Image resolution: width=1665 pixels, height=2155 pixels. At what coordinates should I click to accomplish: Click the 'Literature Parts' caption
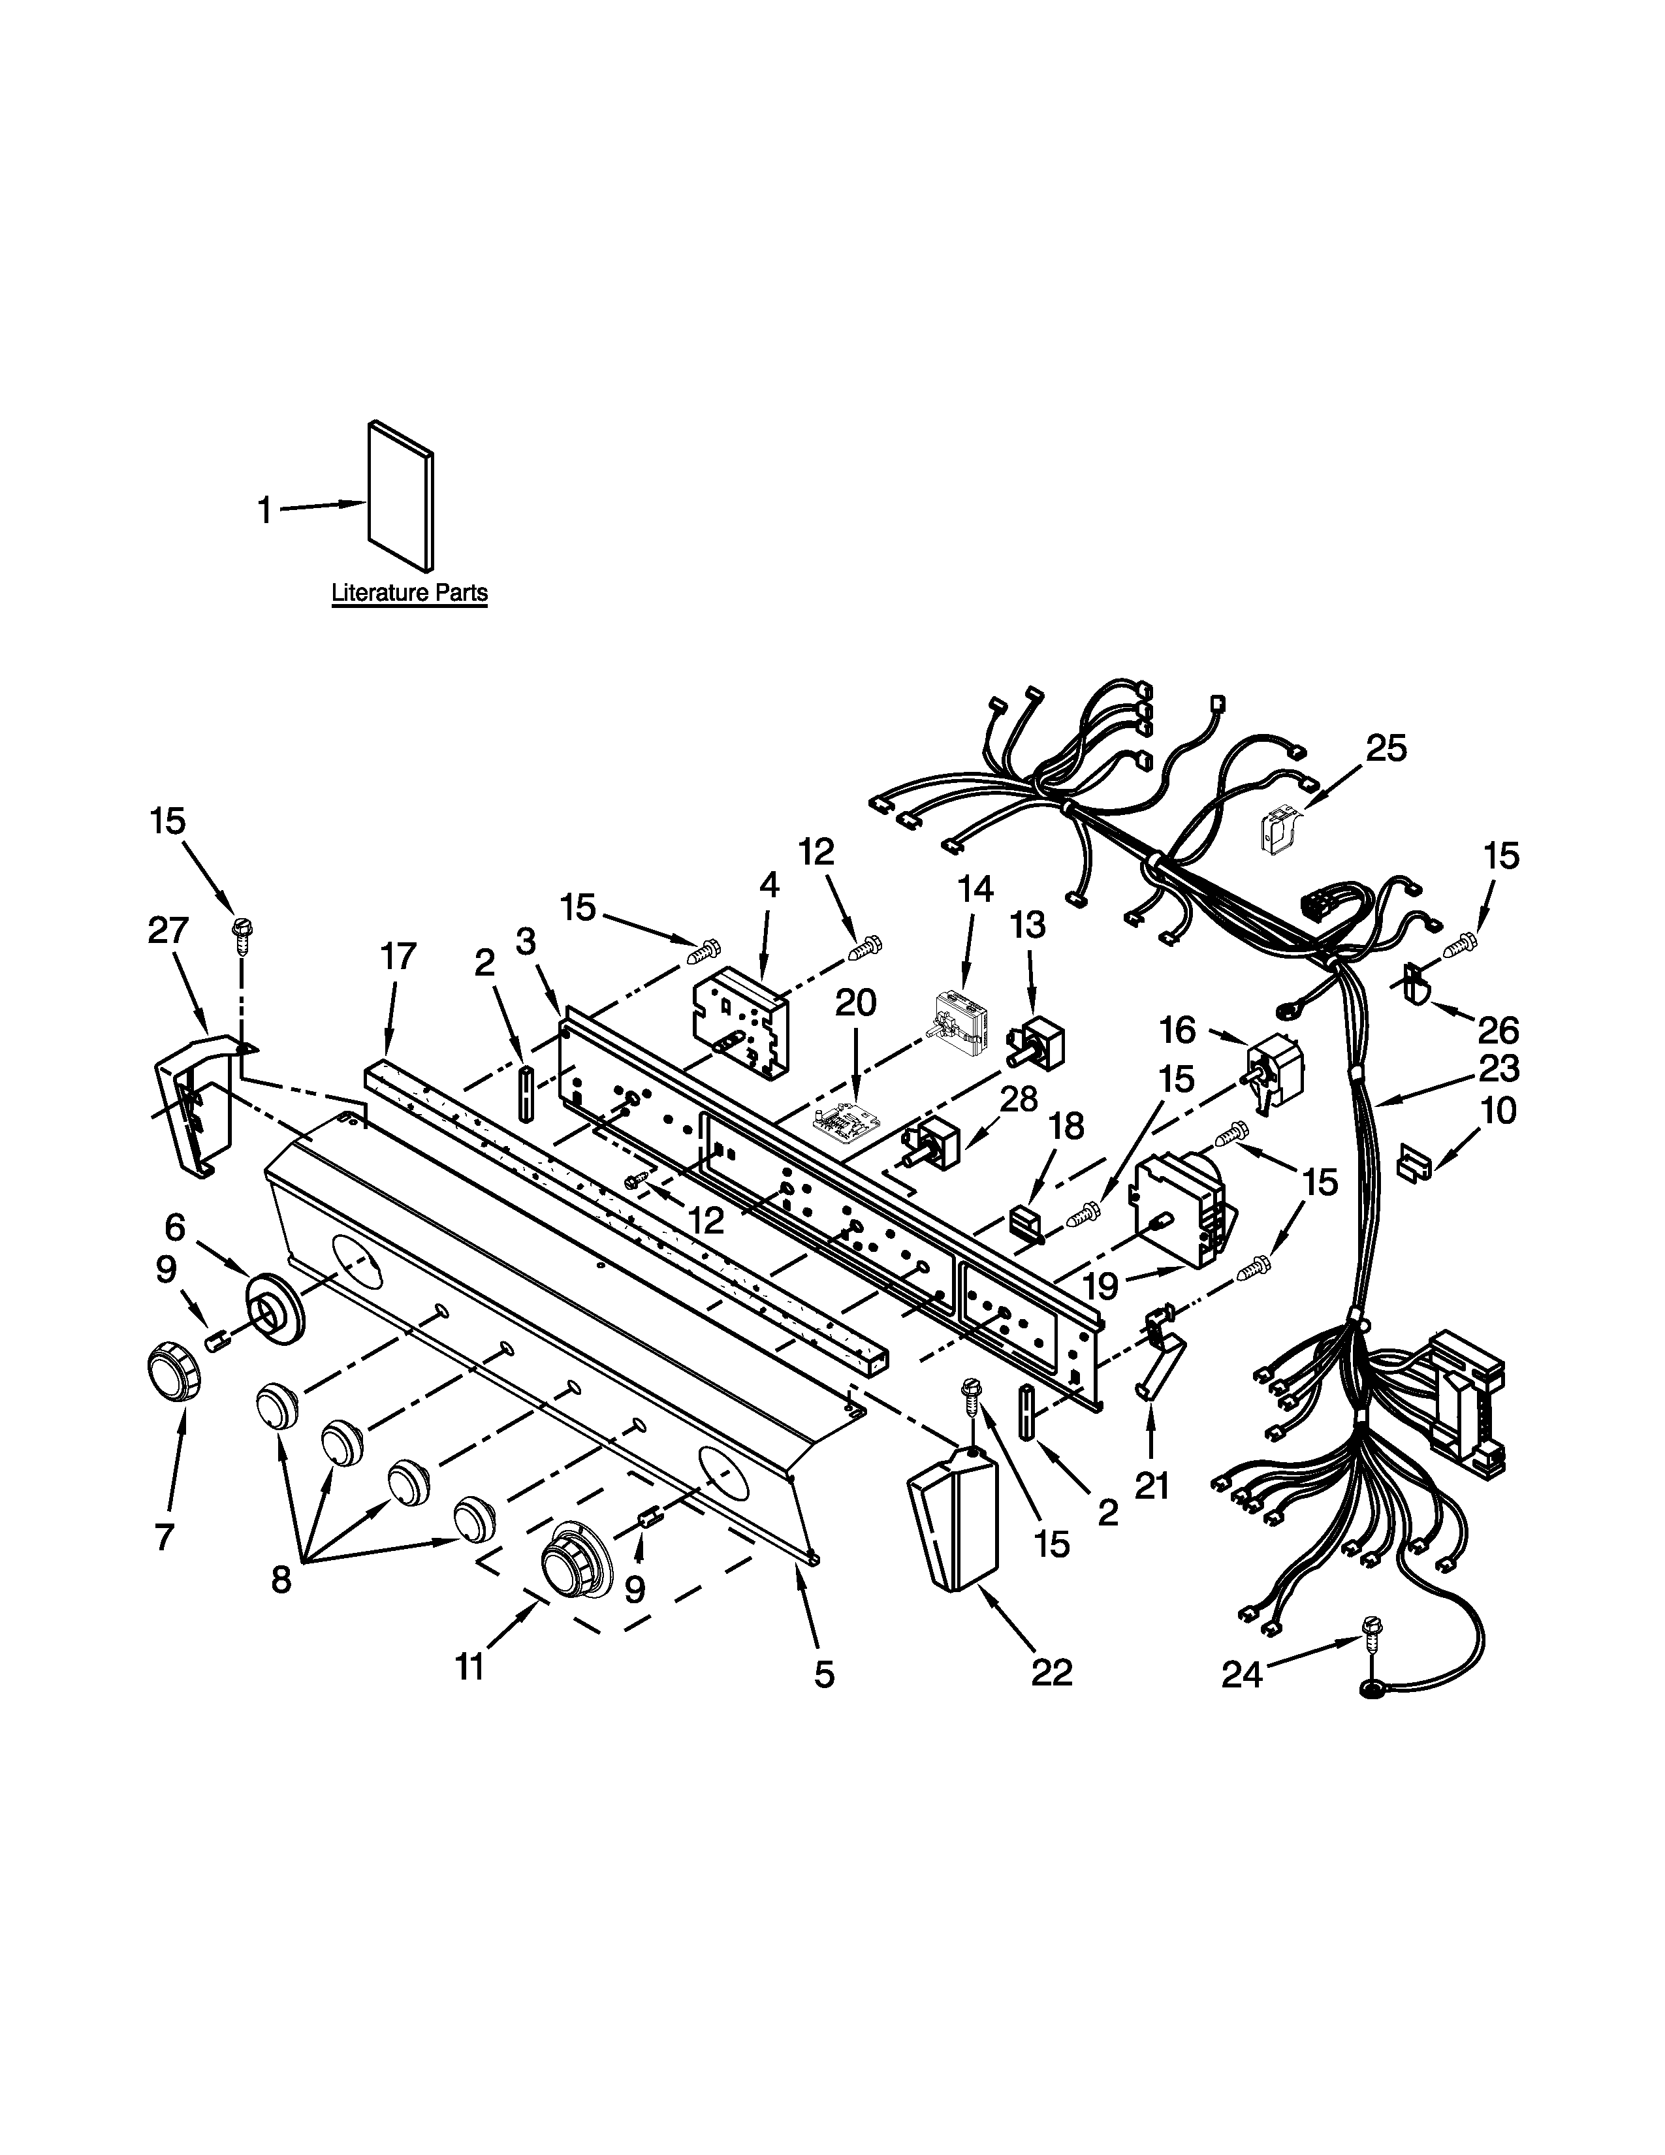[x=409, y=593]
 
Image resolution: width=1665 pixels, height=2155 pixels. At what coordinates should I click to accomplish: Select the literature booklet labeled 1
[x=400, y=496]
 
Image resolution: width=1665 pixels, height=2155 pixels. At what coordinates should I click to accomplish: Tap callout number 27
[x=168, y=931]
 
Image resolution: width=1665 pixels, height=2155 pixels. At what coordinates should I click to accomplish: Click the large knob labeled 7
[x=172, y=1371]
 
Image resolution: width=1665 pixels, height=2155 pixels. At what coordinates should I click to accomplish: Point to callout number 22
[x=1051, y=1672]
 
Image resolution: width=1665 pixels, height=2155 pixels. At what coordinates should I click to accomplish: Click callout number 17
[x=398, y=956]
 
